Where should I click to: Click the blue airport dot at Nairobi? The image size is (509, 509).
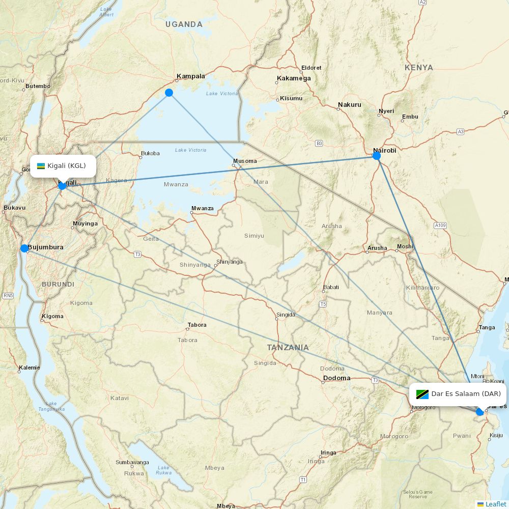pos(377,156)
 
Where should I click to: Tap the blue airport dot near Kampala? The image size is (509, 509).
pos(169,93)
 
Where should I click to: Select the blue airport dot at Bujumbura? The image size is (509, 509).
pos(24,248)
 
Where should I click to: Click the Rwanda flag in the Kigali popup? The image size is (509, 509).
pos(41,166)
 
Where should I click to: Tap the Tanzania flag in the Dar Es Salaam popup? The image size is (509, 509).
pos(422,394)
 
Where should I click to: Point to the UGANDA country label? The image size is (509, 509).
pos(184,24)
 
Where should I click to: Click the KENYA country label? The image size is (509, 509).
pos(419,68)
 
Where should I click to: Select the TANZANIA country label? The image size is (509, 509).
pos(288,348)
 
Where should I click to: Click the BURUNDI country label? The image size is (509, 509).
pos(58,284)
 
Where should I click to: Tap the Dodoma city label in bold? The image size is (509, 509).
pos(337,378)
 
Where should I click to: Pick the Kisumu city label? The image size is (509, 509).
pos(291,98)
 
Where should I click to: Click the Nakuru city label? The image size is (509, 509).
pos(350,105)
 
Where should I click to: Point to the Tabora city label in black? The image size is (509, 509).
pos(197,325)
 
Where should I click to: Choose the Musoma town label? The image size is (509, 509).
pos(245,161)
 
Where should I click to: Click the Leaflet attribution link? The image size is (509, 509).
pos(496,504)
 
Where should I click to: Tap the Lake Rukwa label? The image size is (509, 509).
pos(163,470)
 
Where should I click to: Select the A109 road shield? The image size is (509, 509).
pos(440,225)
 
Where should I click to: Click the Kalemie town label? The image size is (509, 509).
pos(29,367)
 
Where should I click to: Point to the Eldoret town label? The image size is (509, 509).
pos(312,68)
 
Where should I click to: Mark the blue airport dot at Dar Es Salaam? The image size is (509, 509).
pos(480,411)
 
